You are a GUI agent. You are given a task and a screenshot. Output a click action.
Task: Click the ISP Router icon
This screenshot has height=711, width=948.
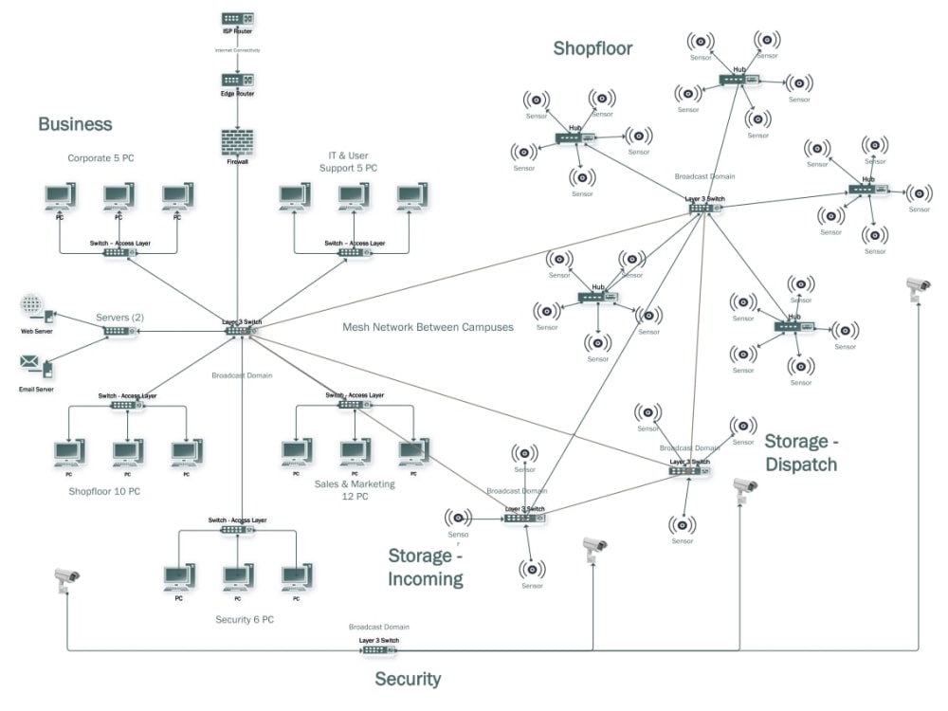[237, 19]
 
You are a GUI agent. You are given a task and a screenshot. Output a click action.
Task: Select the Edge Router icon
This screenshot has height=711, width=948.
[237, 81]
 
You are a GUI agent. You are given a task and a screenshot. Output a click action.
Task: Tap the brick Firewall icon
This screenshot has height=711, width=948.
[237, 142]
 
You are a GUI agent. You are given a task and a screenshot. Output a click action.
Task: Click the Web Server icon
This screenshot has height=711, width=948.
[34, 309]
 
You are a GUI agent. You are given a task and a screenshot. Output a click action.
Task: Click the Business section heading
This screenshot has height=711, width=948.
[75, 124]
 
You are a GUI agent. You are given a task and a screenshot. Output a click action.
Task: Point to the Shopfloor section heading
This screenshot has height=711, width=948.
[592, 48]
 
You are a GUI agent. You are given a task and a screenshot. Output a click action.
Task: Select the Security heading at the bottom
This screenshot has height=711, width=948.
[408, 679]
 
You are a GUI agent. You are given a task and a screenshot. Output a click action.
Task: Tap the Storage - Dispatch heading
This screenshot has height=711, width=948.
[801, 452]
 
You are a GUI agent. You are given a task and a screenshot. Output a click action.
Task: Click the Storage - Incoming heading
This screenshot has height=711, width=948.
[426, 567]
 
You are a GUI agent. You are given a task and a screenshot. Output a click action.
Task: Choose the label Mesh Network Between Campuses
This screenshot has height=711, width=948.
[428, 327]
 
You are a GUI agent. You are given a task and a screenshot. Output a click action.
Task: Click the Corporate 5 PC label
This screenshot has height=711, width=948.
[100, 158]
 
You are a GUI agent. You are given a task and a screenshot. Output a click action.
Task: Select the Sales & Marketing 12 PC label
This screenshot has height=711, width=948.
[355, 490]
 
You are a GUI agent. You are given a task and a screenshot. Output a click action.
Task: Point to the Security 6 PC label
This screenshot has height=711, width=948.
[245, 620]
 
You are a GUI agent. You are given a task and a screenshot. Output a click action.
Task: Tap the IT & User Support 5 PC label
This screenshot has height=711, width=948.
[348, 161]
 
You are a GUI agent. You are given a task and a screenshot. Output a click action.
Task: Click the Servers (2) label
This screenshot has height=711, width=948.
[119, 317]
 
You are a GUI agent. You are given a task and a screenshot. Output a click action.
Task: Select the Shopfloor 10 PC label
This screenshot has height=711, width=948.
[104, 491]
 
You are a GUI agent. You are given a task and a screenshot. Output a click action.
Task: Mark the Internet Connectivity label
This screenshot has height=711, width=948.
[237, 49]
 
